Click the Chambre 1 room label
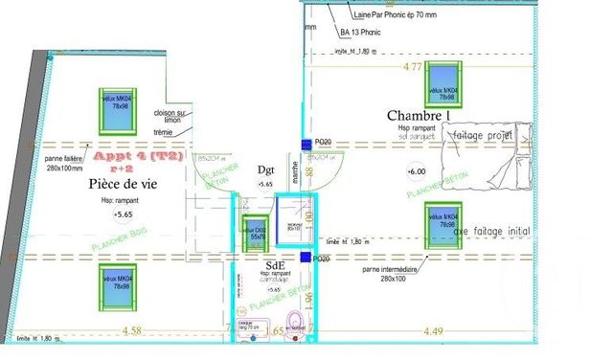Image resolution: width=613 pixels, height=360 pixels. coord(419,116)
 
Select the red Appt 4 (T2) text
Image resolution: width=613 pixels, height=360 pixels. coord(125,156)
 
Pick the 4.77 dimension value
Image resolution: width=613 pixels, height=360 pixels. coord(412,67)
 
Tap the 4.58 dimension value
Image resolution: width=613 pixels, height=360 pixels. coord(131,331)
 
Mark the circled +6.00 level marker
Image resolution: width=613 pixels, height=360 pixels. coord(417,171)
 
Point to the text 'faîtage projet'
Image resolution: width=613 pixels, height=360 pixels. coord(485,136)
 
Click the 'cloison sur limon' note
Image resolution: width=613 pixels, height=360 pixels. coord(171,118)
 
